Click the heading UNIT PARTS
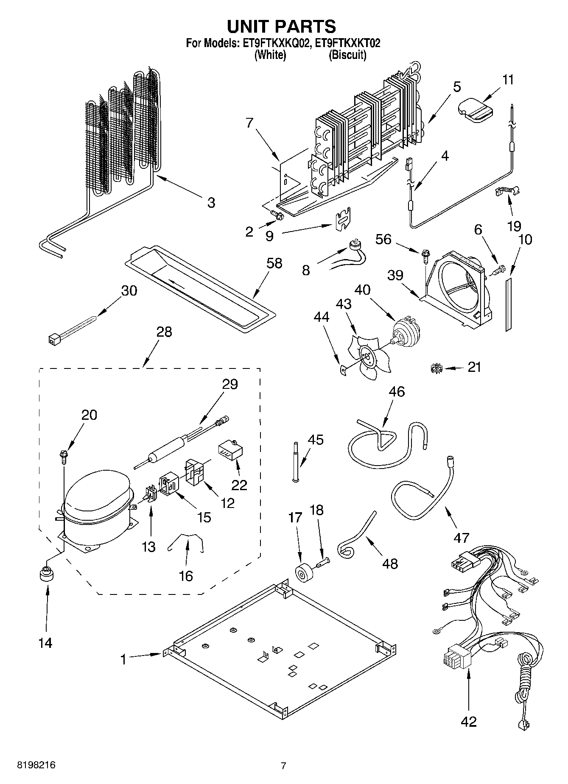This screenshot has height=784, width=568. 282,26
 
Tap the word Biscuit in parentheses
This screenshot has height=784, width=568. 347,55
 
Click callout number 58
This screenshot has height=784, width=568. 274,263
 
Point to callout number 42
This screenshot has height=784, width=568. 468,721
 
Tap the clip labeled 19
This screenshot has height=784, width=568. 507,192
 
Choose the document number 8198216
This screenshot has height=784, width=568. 36,765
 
